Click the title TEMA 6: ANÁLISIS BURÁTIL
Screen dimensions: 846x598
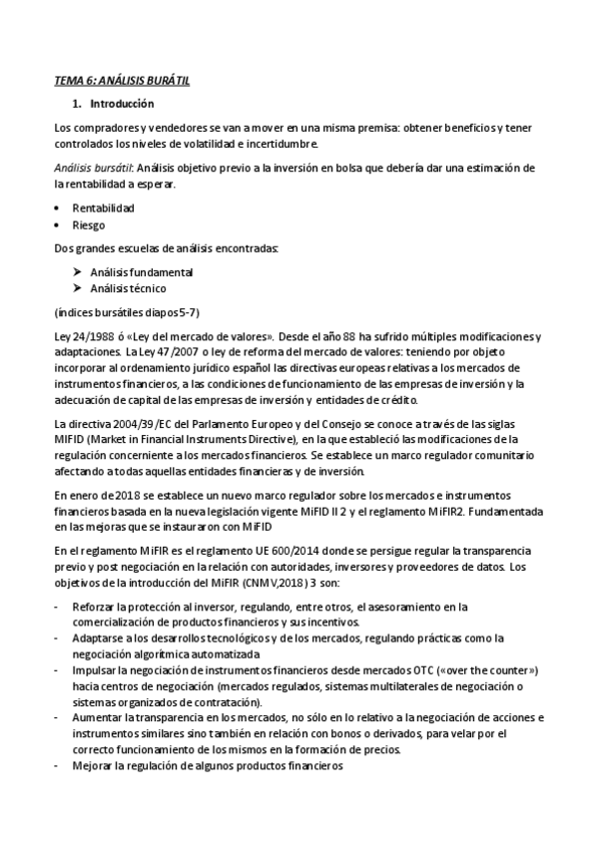point(121,83)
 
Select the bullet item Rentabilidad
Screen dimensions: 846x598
point(103,208)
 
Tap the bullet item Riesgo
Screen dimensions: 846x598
point(89,225)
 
